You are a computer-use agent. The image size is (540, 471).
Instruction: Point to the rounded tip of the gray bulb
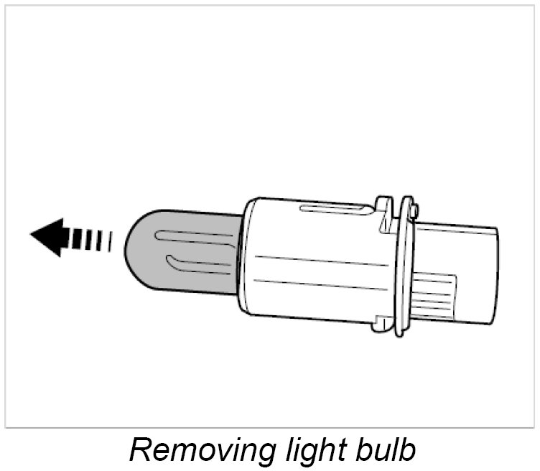(134, 248)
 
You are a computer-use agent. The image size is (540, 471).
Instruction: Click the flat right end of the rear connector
(495, 276)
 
